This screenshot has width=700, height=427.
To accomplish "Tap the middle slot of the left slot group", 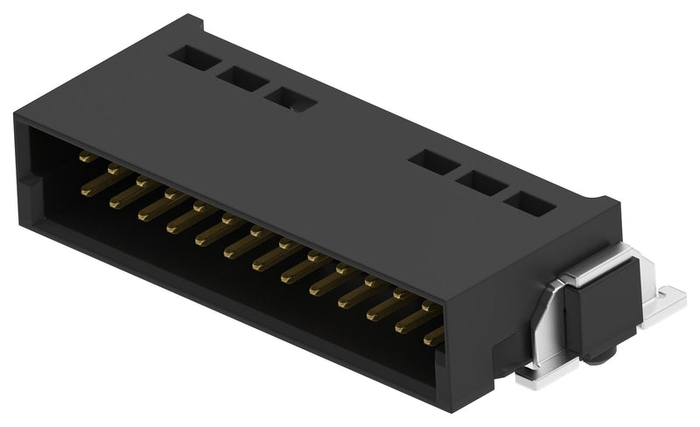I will tap(242, 78).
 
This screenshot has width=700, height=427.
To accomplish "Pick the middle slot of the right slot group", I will tap(478, 184).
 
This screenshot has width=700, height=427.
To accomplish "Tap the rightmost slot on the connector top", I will tap(528, 205).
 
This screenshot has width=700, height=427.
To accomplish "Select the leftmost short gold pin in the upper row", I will tap(87, 158).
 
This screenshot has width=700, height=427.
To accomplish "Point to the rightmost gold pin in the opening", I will tap(434, 336).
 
